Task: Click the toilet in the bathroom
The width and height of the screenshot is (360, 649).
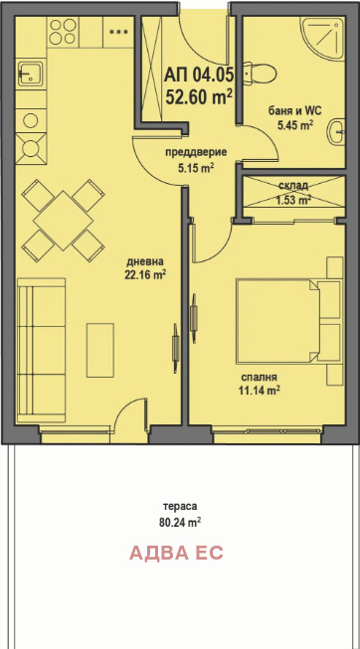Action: point(260,74)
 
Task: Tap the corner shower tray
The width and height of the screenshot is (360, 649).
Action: point(323,38)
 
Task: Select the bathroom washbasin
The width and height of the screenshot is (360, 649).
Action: point(337,132)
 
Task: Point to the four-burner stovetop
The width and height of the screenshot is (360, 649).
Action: point(63,32)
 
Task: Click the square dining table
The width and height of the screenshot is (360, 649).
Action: point(63,221)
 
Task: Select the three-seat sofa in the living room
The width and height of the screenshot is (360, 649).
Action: point(41,350)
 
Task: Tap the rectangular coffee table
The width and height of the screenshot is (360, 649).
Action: point(100,350)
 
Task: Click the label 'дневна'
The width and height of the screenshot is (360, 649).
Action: point(145,261)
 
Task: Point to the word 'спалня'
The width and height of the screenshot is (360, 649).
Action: point(259,377)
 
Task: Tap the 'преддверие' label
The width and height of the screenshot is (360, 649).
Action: point(196,152)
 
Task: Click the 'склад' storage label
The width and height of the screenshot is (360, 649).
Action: point(293,185)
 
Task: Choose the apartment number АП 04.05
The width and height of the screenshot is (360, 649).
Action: point(199,76)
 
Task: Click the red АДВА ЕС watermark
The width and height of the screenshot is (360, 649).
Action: point(176,553)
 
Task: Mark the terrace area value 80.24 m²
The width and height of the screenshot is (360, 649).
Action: point(180,523)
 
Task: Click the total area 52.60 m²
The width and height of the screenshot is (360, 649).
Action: point(199,97)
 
